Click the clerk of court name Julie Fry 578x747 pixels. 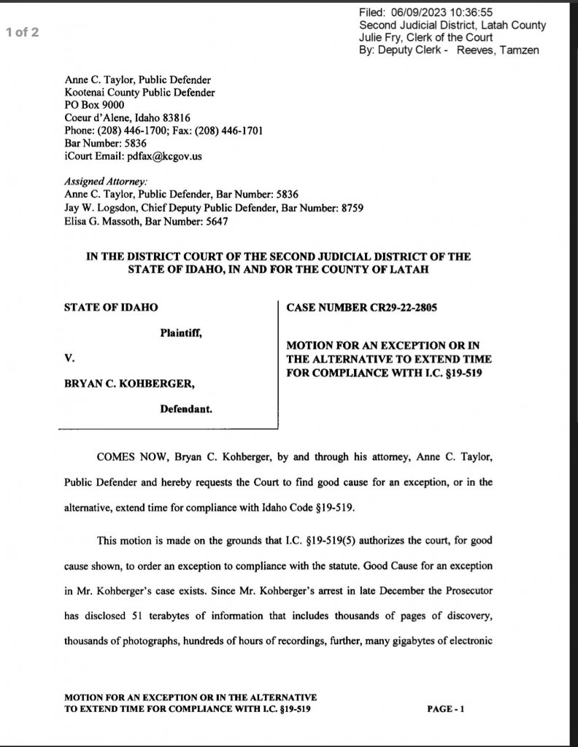click(x=383, y=37)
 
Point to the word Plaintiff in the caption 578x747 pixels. click(x=180, y=333)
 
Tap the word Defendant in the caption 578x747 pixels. click(x=186, y=409)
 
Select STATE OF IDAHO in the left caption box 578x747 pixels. click(x=111, y=307)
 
